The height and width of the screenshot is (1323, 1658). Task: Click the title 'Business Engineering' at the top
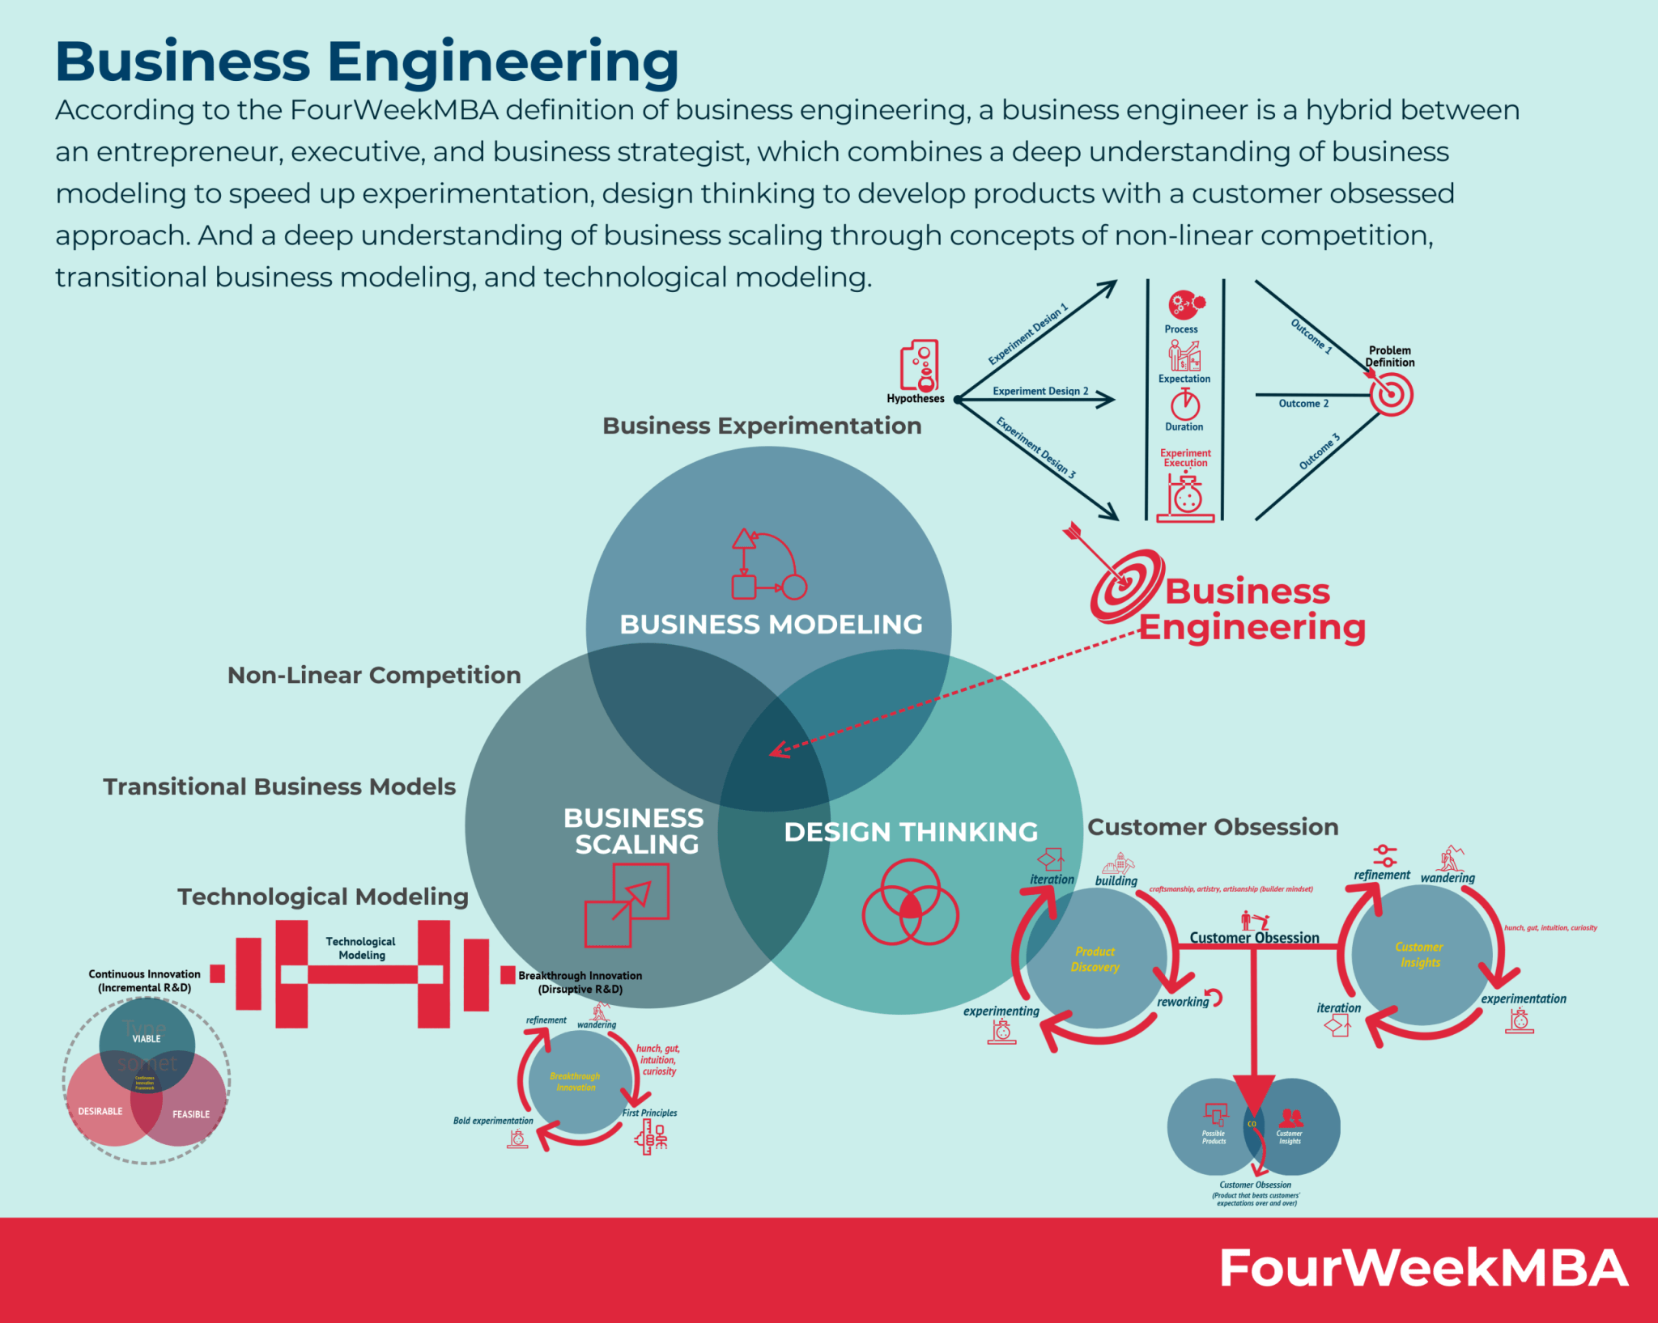[x=367, y=61]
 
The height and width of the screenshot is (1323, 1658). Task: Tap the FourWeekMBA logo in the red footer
[x=1422, y=1268]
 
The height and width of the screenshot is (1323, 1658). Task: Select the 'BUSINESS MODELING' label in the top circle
[x=771, y=624]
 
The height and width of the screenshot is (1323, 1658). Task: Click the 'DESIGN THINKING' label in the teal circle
[x=911, y=832]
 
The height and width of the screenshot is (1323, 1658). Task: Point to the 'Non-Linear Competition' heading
[x=374, y=675]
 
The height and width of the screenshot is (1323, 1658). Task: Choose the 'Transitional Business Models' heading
[x=279, y=787]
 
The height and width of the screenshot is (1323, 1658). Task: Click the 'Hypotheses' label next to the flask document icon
[x=915, y=398]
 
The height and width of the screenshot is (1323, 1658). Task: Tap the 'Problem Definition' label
[x=1389, y=356]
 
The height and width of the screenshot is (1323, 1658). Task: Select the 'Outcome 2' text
[x=1303, y=403]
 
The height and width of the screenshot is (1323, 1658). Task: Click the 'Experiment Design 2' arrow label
[x=1040, y=391]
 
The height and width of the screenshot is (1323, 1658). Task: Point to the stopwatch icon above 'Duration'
[x=1184, y=403]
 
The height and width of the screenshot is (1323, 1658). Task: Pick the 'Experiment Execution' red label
[x=1185, y=458]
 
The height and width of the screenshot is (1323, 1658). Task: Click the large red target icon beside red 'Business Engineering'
[x=1126, y=586]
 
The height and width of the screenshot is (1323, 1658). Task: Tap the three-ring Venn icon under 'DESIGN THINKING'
[x=910, y=902]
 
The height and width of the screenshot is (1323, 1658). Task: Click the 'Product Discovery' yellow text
[x=1095, y=959]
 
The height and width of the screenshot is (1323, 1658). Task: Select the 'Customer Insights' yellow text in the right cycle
[x=1419, y=954]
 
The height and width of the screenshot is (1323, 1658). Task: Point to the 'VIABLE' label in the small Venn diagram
[x=147, y=1038]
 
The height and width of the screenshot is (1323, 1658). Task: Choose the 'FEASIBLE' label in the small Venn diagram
[x=190, y=1114]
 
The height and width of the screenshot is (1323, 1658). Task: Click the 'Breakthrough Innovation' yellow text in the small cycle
[x=575, y=1081]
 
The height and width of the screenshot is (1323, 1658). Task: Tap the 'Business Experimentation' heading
[x=762, y=426]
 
